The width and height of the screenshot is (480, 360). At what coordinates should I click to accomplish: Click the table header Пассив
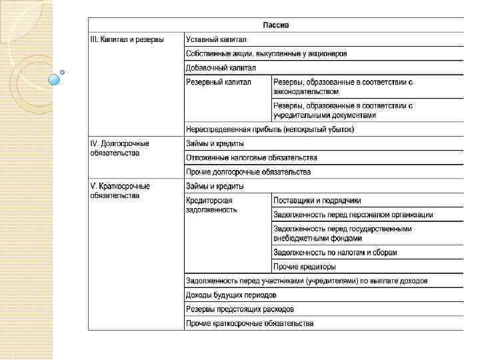pyautogui.click(x=276, y=25)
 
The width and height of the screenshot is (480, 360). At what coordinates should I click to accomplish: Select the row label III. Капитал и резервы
pyautogui.click(x=127, y=39)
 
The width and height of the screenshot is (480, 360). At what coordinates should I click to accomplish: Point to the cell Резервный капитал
pyautogui.click(x=219, y=82)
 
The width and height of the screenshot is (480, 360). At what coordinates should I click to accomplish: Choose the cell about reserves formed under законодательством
pyautogui.click(x=343, y=87)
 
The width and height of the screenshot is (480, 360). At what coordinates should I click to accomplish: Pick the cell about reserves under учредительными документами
pyautogui.click(x=343, y=110)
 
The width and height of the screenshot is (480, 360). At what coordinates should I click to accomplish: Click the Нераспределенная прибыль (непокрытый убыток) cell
pyautogui.click(x=271, y=129)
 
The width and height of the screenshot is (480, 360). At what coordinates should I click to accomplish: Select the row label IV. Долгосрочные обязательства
pyautogui.click(x=120, y=148)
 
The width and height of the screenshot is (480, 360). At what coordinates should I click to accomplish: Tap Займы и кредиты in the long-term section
pyautogui.click(x=215, y=143)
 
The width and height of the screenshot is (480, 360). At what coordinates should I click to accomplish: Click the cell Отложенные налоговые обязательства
pyautogui.click(x=252, y=158)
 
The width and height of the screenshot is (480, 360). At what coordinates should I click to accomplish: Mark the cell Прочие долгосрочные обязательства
pyautogui.click(x=249, y=172)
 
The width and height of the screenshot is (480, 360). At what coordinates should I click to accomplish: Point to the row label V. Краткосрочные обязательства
pyautogui.click(x=120, y=191)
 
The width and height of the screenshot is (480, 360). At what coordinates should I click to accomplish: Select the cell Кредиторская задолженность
pyautogui.click(x=211, y=204)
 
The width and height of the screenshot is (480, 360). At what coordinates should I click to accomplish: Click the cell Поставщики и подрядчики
pyautogui.click(x=317, y=200)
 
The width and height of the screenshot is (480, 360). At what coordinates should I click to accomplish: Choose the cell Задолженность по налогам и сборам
pyautogui.click(x=335, y=253)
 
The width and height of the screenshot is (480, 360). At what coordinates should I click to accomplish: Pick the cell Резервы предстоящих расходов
pyautogui.click(x=240, y=309)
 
